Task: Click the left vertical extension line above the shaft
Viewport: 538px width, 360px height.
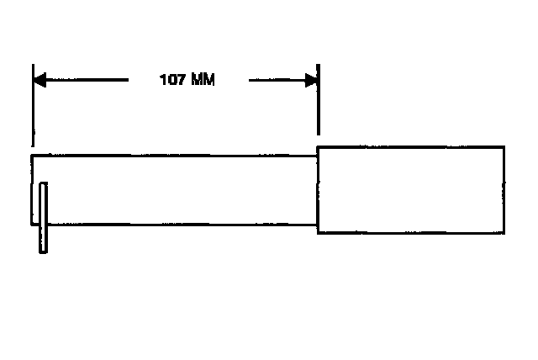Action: pos(33,109)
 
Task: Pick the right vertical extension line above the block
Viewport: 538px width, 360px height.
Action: pos(319,109)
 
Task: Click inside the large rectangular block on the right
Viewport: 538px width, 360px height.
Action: pos(412,190)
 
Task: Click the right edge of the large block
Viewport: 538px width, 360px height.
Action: pos(506,190)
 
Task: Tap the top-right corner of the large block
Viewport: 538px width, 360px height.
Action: pos(506,147)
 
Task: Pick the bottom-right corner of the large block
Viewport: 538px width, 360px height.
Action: pos(506,233)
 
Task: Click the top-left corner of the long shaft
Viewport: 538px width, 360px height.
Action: pos(33,156)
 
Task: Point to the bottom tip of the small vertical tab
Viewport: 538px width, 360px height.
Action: pos(44,251)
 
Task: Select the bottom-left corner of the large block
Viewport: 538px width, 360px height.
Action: pos(318,233)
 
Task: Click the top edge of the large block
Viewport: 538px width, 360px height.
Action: pos(412,147)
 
